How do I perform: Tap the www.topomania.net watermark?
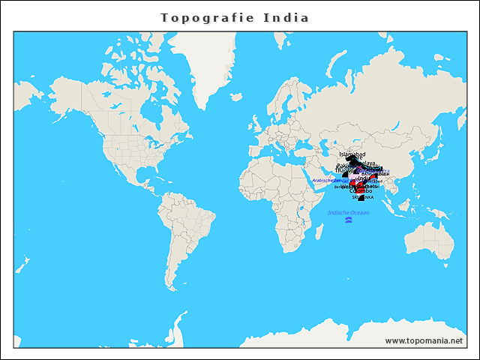click(x=424, y=340)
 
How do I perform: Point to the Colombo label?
click(x=361, y=191)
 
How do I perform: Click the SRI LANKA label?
click(x=362, y=197)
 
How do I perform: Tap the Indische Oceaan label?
click(x=349, y=213)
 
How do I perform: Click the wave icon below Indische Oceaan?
click(x=349, y=220)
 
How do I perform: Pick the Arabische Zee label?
click(x=327, y=181)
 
